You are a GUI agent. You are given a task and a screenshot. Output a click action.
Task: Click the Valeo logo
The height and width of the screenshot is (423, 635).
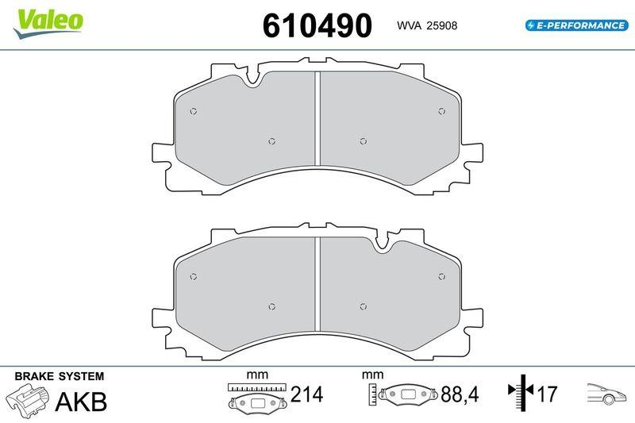[48, 19]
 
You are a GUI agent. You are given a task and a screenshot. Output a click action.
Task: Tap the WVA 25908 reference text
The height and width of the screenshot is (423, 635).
[426, 25]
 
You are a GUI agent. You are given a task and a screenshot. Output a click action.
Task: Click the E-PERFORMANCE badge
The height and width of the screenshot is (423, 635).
[575, 25]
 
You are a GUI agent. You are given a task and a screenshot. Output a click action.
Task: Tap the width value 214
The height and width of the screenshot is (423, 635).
[306, 394]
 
